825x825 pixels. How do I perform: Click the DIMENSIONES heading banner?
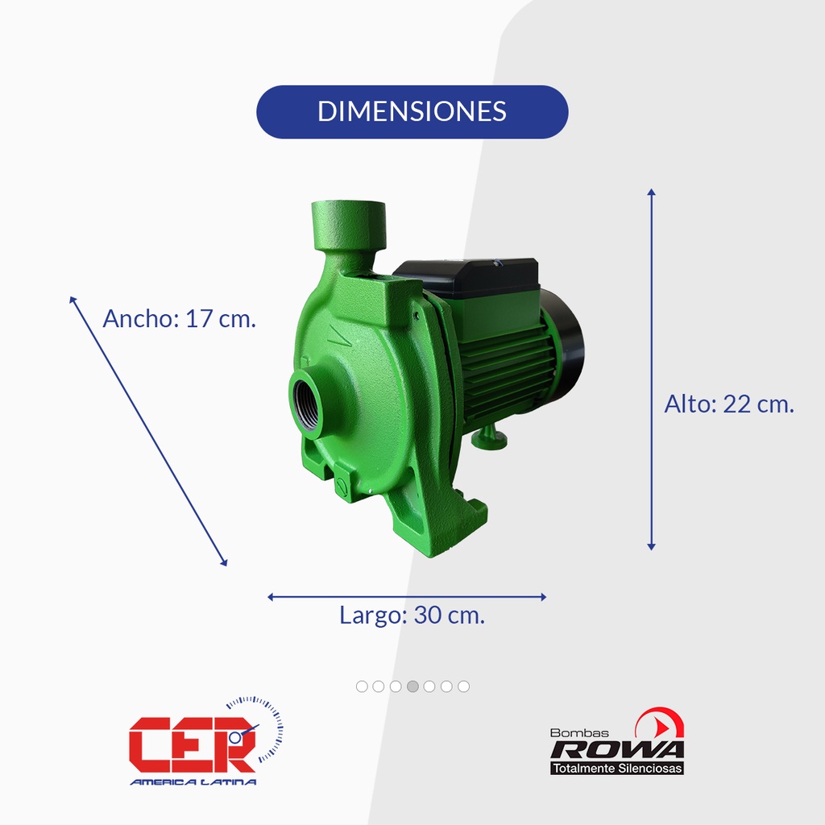click(412, 111)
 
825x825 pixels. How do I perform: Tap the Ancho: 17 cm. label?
click(180, 318)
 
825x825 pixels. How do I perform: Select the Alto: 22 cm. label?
click(729, 404)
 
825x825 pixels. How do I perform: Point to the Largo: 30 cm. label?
click(412, 615)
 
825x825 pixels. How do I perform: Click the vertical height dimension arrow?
click(651, 369)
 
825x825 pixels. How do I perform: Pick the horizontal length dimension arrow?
click(407, 597)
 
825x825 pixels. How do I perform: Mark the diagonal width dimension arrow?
click(148, 432)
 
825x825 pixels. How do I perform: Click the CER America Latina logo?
click(205, 741)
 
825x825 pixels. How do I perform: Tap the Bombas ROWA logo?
click(617, 741)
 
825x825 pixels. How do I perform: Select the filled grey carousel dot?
click(412, 686)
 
